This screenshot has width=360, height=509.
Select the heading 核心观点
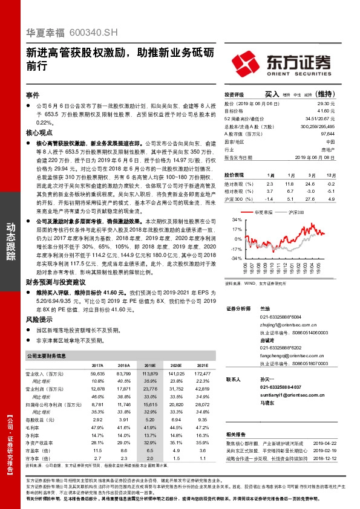coord(40,132)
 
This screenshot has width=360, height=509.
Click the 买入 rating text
coord(272,94)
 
